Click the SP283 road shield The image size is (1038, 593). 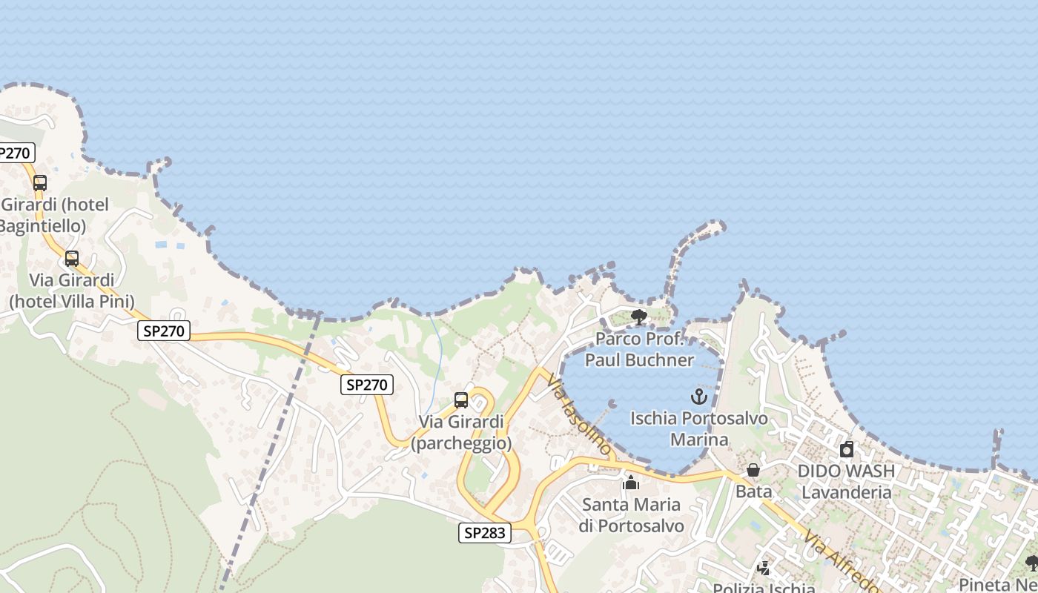point(485,532)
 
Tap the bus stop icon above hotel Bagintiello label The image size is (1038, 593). point(40,182)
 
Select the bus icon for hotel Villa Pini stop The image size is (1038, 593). point(72,259)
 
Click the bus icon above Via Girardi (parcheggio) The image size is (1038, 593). point(461,400)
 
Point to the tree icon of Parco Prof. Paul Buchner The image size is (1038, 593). point(638,317)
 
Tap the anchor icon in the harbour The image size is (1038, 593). point(699,397)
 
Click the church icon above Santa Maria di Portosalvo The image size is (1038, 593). point(632,483)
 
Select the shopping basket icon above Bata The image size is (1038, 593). point(753,470)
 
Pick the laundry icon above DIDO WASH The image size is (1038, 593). point(847,449)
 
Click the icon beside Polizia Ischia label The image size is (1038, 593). point(764,569)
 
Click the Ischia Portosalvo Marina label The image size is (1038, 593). point(699,429)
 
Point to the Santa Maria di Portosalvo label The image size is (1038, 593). point(632,515)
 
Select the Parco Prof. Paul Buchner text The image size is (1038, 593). point(639,350)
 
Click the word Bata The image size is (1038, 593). point(753,491)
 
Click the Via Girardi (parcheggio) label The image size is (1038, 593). point(461,432)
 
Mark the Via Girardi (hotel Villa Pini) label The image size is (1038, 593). point(72,291)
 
